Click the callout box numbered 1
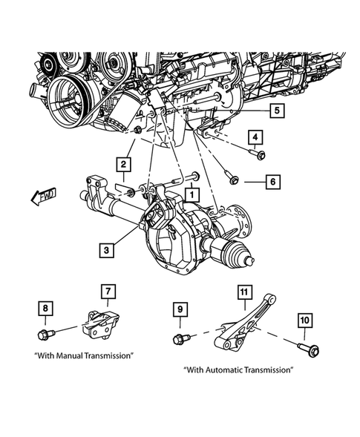coord(192,195)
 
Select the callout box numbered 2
coord(123,164)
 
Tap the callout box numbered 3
coord(108,251)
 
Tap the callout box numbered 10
coord(306,320)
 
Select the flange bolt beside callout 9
coord(180,340)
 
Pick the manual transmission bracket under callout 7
coord(102,324)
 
